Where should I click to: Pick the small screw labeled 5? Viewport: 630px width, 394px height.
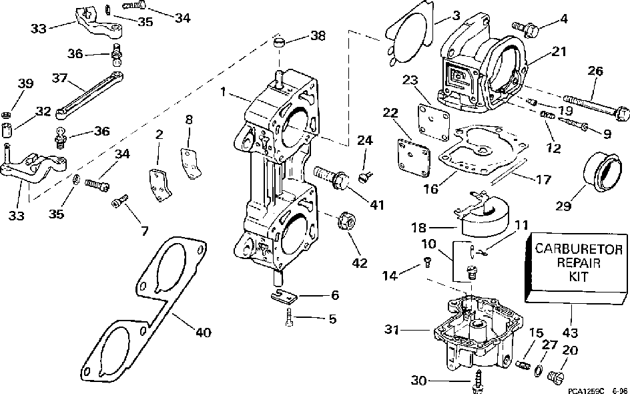click(288, 319)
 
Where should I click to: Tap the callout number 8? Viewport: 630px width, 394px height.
click(190, 120)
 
